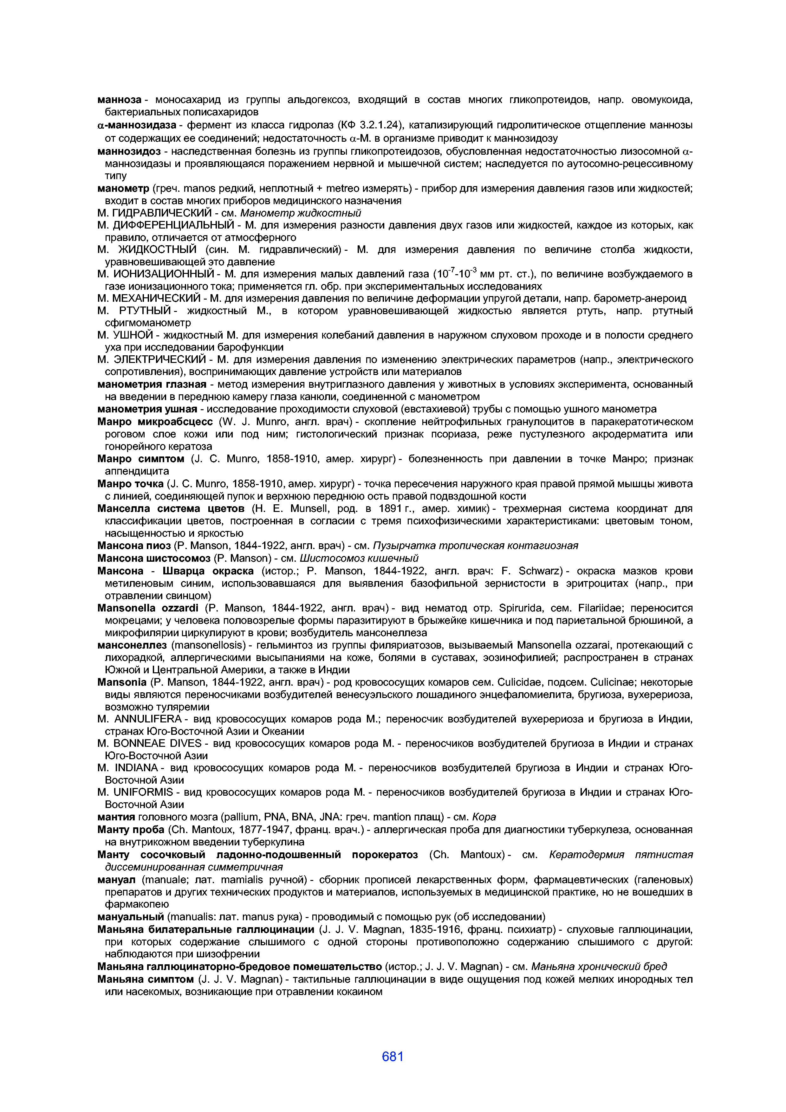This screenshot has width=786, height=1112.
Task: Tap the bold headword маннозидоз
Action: [129, 151]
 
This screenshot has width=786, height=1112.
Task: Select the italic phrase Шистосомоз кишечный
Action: [359, 559]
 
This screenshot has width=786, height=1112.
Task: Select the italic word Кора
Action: [484, 817]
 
